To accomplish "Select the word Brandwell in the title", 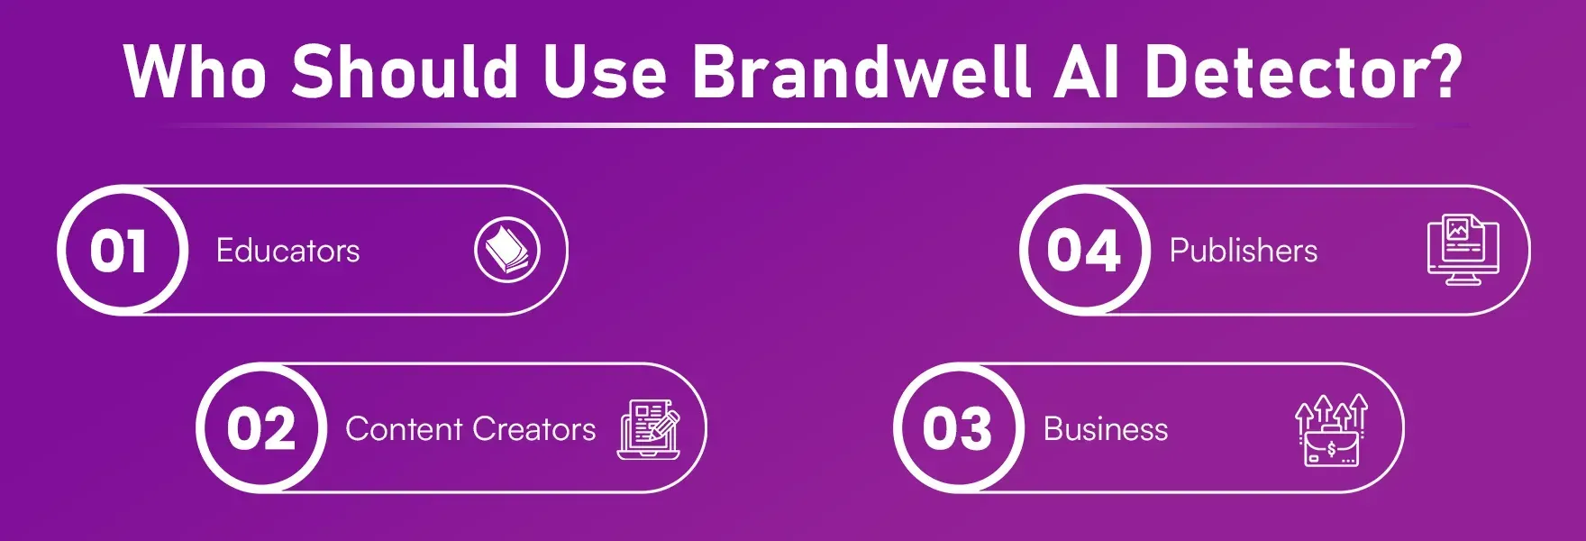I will pos(861,70).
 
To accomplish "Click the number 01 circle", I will pos(121,251).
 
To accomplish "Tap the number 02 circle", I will pos(260,428).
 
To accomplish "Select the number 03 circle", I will pos(957,428).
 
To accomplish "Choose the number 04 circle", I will pos(1084,251).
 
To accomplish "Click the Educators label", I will pos(287,251).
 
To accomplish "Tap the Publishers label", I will pos(1243,251).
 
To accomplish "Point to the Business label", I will pos(1105,429).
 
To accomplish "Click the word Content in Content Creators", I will pos(404,429).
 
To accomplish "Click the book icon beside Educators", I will pos(507,250).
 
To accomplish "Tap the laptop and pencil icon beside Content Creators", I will pos(648,429).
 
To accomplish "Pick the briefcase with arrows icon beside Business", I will pos(1331,431).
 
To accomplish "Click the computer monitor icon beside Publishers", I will pos(1463,250).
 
